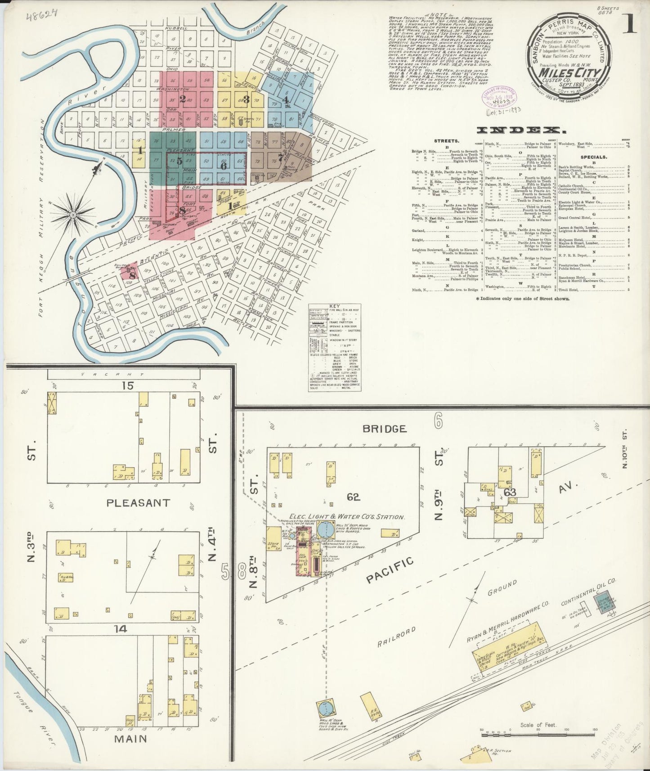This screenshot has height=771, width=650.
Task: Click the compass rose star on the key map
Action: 72,215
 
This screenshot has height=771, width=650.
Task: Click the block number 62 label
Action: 354,497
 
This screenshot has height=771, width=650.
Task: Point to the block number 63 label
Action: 510,492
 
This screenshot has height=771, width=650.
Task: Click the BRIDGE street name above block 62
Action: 385,429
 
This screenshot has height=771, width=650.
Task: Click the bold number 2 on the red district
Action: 183,99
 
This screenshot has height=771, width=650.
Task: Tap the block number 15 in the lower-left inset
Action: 130,385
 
